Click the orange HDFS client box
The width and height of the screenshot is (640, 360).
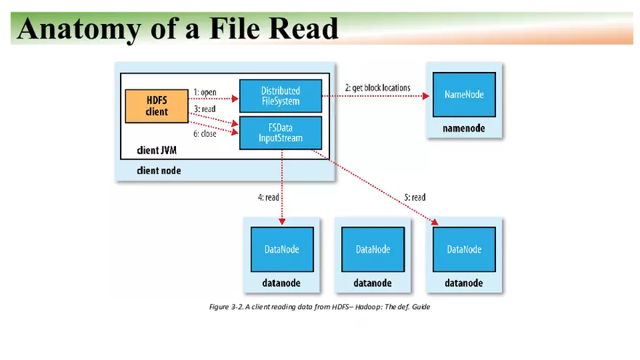156,106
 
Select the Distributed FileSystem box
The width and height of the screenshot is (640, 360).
281,96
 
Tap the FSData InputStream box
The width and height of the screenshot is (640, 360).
281,133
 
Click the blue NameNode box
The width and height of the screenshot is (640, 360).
464,95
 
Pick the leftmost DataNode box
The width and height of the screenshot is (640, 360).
282,249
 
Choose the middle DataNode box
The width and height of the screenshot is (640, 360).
373,249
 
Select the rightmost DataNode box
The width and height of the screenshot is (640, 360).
464,249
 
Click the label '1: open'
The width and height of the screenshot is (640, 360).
205,92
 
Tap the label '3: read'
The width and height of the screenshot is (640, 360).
204,109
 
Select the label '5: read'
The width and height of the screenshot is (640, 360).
414,197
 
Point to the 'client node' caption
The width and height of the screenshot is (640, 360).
159,170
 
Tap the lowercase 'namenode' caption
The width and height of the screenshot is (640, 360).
463,129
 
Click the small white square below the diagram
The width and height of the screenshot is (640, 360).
360,323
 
